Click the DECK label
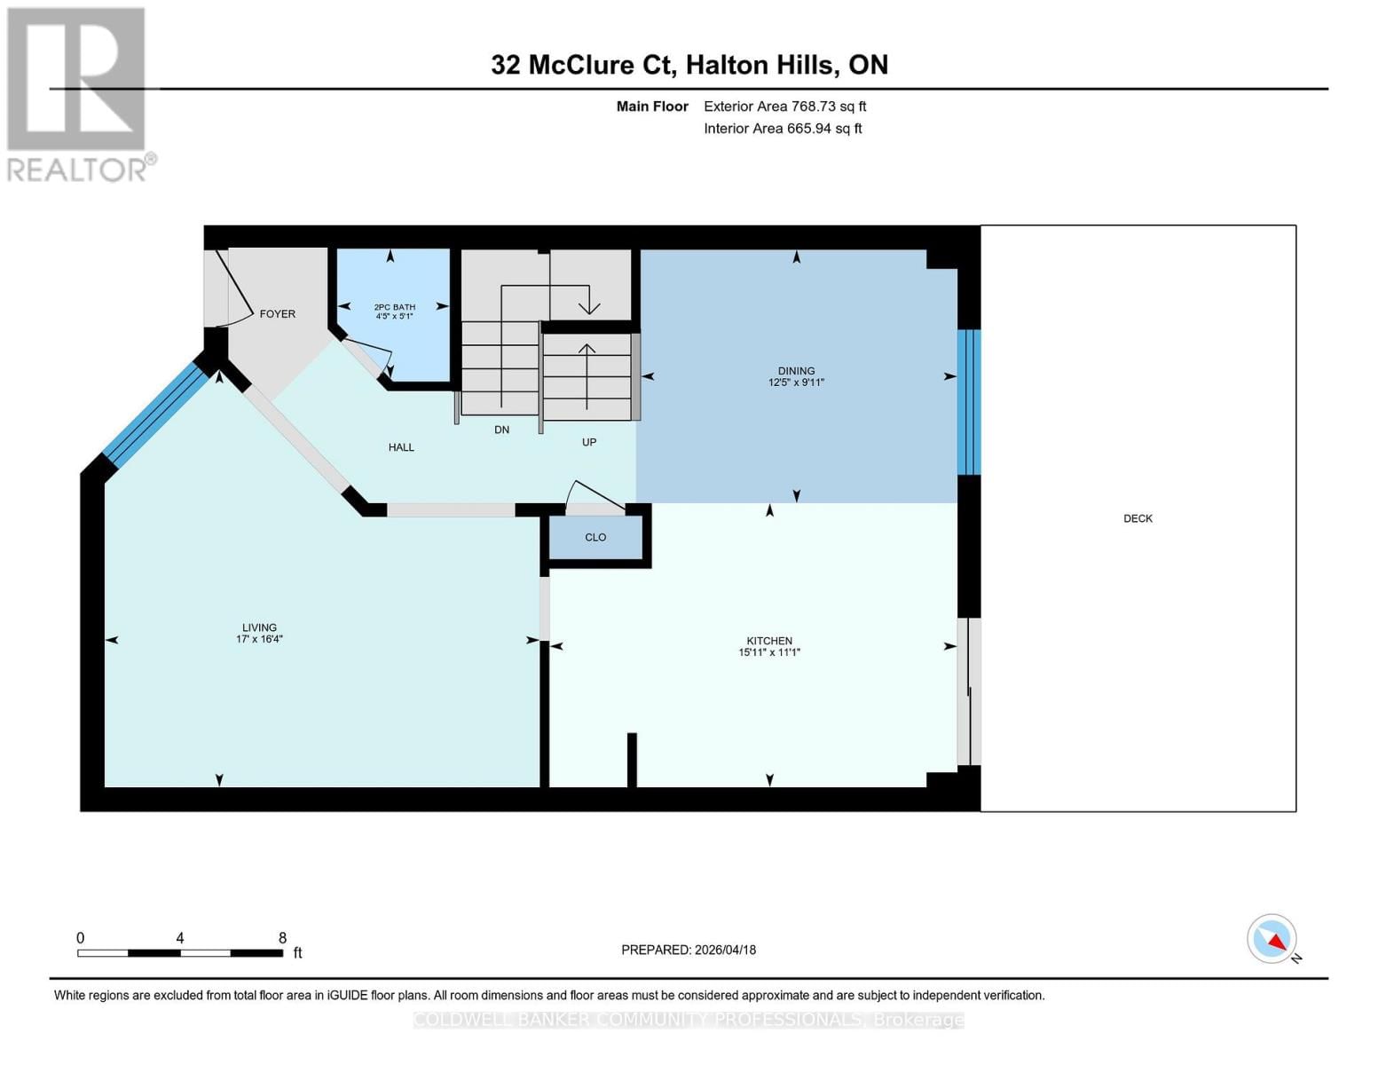[x=1138, y=518]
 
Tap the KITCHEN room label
[x=769, y=641]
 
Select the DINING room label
[x=796, y=371]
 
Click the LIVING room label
[x=259, y=627]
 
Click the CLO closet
[x=595, y=538]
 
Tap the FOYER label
[x=277, y=314]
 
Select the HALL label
[x=401, y=447]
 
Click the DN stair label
[x=501, y=430]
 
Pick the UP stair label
[x=589, y=442]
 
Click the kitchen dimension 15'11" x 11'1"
[x=769, y=652]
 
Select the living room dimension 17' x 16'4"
[x=259, y=639]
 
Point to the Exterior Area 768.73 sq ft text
[x=784, y=106]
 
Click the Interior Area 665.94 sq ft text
[x=783, y=129]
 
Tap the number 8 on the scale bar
[x=282, y=938]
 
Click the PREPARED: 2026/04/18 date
[x=689, y=950]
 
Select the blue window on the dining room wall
[x=969, y=402]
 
